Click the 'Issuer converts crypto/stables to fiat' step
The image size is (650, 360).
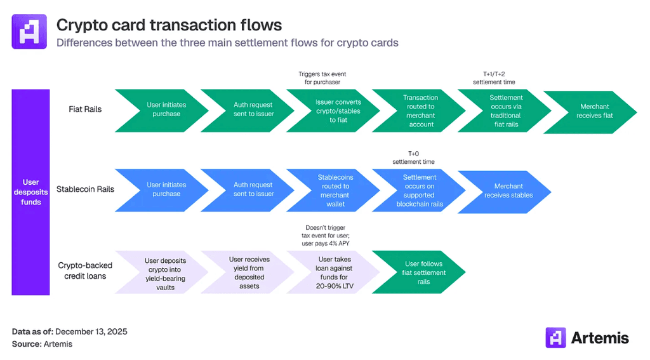[x=335, y=111]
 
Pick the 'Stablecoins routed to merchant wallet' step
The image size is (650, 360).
[x=335, y=190]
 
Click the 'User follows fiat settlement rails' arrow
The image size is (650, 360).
[x=420, y=272]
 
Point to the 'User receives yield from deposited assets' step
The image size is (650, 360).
[x=249, y=272]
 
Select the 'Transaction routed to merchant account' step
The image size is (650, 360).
[x=420, y=111]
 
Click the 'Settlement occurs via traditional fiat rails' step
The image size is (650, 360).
[x=506, y=111]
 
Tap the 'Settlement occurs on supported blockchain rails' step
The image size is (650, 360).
[x=420, y=190]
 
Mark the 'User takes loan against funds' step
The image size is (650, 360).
[x=335, y=273]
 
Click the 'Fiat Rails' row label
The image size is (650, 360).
[x=85, y=109]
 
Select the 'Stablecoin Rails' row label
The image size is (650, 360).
[x=85, y=189]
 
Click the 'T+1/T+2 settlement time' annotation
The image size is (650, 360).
[x=494, y=78]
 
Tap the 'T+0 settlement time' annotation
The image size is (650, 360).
[x=413, y=157]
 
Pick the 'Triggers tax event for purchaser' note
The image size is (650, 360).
[x=322, y=78]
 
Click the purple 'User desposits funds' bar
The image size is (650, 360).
[x=30, y=192]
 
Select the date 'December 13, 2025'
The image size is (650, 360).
[x=91, y=331]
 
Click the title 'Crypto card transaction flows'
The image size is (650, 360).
[x=169, y=25]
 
